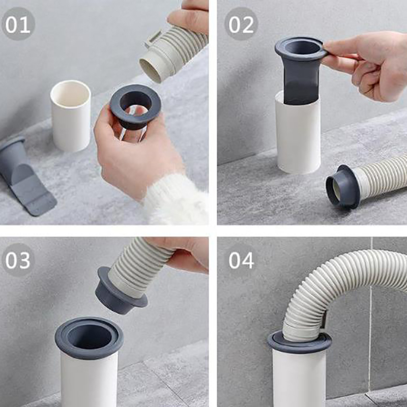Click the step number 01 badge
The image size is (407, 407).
18,23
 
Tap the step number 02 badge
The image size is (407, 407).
241,23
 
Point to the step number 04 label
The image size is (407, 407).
241,260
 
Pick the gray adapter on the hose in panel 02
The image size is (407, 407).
342,187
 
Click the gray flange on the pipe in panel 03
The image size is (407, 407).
89,337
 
